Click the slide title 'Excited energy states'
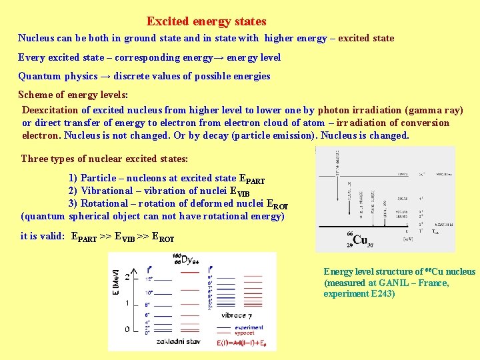(206, 22)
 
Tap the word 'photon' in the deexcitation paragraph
(333, 110)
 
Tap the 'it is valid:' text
(43, 236)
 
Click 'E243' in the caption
(382, 293)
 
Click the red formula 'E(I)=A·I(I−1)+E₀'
(245, 343)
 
